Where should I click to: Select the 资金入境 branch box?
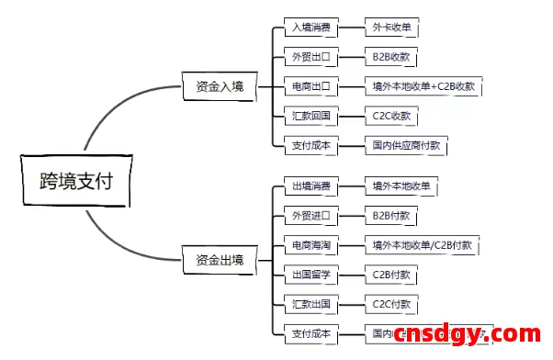(220, 87)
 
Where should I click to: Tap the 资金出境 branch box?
(220, 261)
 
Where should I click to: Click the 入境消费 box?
(310, 28)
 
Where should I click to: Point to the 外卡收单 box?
(391, 28)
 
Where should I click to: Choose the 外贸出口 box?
(310, 58)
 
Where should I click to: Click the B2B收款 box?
(391, 58)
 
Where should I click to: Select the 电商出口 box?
(310, 87)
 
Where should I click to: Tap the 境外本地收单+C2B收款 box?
(423, 87)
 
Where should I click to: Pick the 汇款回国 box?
(310, 117)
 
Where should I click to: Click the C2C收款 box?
(391, 117)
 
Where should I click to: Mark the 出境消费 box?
(310, 186)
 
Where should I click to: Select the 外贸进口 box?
(310, 216)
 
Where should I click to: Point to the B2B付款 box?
(391, 216)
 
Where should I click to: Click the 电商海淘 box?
(310, 245)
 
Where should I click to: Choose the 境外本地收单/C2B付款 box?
(423, 245)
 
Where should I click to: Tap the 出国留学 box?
(310, 275)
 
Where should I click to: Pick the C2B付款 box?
(391, 275)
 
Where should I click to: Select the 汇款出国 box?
(310, 304)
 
